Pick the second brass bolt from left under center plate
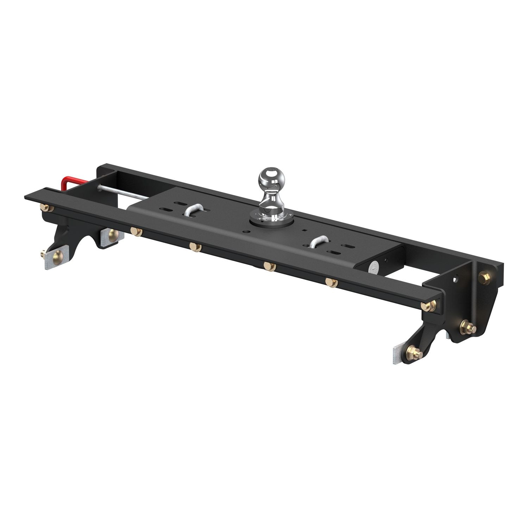pos(195,247)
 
